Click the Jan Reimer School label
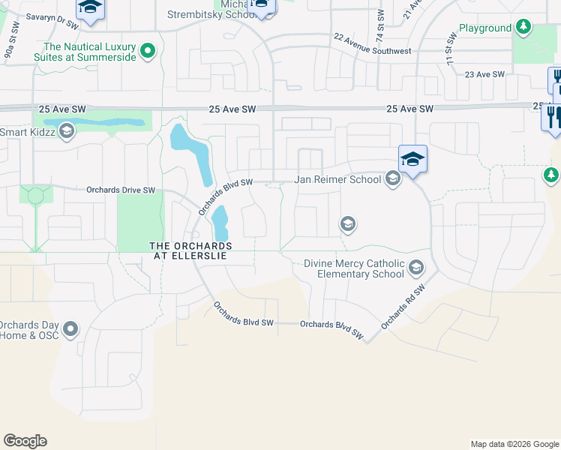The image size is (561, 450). (337, 180)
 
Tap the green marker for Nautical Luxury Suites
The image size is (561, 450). (148, 50)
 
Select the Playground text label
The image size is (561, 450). (484, 28)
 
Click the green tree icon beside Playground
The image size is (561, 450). (523, 28)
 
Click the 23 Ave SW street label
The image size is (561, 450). (485, 74)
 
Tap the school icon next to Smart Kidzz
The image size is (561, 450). (66, 132)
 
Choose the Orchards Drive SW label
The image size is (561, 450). (121, 190)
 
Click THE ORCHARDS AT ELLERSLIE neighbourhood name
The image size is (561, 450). (190, 250)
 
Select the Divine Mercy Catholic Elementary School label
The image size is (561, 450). (355, 268)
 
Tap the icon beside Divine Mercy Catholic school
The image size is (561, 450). (416, 266)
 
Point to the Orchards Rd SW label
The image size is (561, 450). (403, 307)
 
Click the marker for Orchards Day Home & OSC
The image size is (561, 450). (70, 328)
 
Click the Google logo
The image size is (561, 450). (25, 441)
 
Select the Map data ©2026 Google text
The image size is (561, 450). (514, 444)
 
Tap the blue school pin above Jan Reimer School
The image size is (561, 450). (412, 159)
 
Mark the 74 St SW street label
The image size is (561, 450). (379, 25)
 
